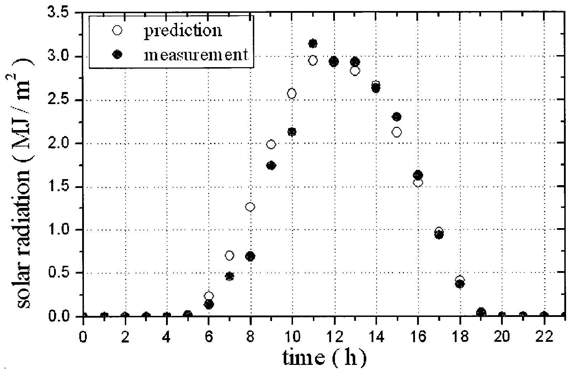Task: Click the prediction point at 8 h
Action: click(x=250, y=207)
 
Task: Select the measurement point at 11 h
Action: click(x=313, y=43)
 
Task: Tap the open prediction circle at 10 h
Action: click(x=292, y=93)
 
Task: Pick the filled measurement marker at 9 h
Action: click(x=271, y=166)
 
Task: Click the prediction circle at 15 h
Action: click(x=397, y=132)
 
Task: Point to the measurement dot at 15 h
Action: click(x=397, y=117)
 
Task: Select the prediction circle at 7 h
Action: click(x=229, y=255)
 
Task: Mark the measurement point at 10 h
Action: click(x=292, y=132)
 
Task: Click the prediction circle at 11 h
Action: click(x=313, y=60)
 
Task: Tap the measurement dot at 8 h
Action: click(x=250, y=256)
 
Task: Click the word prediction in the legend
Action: click(x=183, y=31)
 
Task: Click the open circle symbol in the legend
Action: click(x=117, y=31)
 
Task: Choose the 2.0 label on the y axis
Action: click(x=59, y=144)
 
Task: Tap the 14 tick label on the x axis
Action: click(x=376, y=337)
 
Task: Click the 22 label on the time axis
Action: click(x=544, y=337)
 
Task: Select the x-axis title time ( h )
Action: click(x=324, y=357)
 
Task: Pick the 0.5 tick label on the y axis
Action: click(x=59, y=273)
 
